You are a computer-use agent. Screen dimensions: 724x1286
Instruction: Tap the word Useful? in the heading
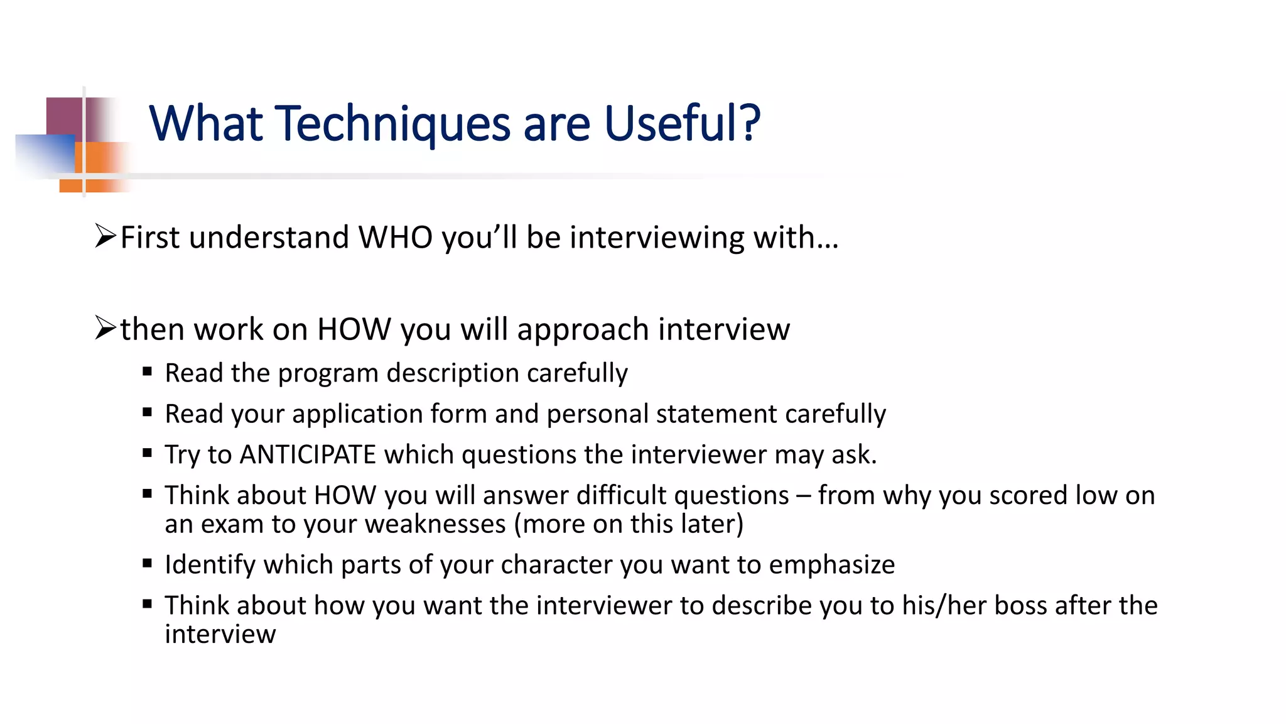pyautogui.click(x=682, y=123)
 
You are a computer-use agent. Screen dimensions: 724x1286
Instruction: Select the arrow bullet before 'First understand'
pyautogui.click(x=105, y=236)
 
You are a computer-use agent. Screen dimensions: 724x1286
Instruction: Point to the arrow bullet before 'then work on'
pyautogui.click(x=105, y=328)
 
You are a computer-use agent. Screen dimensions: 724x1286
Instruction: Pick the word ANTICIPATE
pyautogui.click(x=308, y=454)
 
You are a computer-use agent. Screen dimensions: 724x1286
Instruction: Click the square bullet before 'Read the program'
pyautogui.click(x=148, y=371)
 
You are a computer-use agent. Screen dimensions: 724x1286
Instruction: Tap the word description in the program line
pyautogui.click(x=453, y=373)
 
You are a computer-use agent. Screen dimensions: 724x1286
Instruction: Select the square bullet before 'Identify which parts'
pyautogui.click(x=148, y=563)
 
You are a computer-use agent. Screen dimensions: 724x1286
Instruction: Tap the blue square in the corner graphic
pyautogui.click(x=44, y=154)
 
